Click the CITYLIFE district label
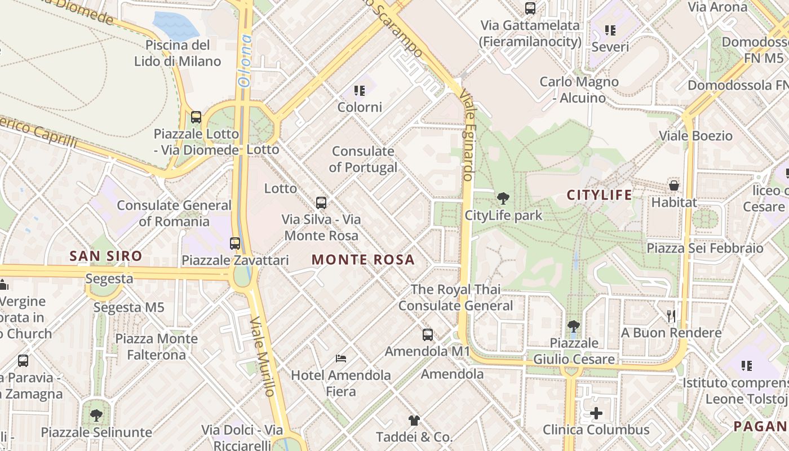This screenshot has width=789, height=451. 599,195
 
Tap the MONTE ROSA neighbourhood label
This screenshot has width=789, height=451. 363,260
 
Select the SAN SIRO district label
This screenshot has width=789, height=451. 106,257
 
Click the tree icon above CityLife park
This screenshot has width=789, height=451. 503,198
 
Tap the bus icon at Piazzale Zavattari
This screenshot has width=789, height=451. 235,244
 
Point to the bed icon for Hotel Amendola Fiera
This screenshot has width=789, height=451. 341,358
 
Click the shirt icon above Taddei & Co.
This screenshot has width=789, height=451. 414,421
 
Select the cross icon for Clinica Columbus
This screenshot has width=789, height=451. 596,413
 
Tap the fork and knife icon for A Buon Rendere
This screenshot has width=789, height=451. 671,316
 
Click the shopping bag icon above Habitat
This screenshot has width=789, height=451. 673,185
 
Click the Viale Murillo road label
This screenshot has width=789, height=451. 263,356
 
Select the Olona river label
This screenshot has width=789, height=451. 245,60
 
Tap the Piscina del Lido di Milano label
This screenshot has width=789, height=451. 178,53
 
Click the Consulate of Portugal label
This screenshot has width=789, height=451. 363,159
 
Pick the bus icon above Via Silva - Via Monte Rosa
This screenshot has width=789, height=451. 321,203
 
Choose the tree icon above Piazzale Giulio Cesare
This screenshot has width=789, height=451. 574,326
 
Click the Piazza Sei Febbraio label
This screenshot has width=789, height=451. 704,248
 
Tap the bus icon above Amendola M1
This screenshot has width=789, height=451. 428,335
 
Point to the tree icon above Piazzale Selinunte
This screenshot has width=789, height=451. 96,416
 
